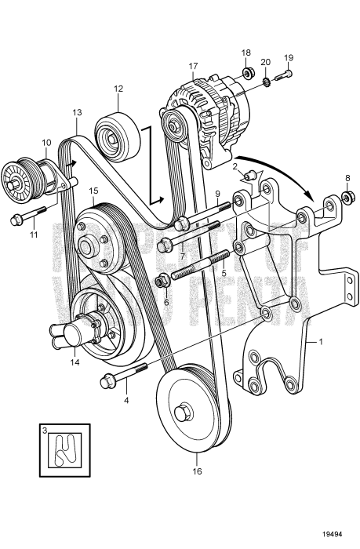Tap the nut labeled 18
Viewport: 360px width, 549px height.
pos(248,75)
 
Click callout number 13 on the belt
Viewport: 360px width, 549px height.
pos(76,113)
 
